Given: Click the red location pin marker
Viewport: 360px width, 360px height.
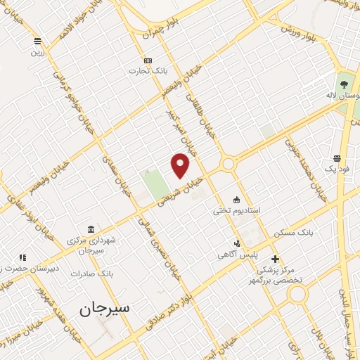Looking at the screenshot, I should coord(180,165).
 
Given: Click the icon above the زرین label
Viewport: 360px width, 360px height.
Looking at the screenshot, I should coord(37,41).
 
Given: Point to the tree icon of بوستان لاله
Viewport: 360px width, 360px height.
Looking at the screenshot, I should coord(343,84).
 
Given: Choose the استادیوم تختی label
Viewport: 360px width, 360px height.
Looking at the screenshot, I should coord(237,210).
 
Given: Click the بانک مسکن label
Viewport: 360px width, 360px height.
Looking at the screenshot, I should coord(314,231).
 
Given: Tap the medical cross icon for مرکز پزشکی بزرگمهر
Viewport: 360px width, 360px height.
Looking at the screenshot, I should coord(275,259).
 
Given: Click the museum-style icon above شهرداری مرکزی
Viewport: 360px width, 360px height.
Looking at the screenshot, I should coord(92,229).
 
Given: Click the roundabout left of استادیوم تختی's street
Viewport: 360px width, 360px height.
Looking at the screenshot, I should coord(228,165).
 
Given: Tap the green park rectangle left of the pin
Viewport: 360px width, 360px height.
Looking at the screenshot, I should coord(155,182).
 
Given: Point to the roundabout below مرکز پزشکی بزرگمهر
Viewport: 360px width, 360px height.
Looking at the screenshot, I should coord(297,294).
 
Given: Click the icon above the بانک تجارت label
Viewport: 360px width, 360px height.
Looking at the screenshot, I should coord(147,60).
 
